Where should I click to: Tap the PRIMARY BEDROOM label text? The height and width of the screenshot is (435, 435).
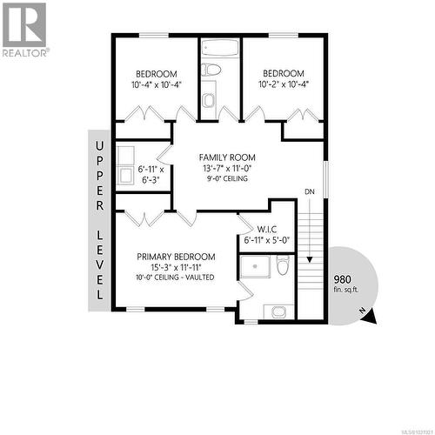pyautogui.click(x=176, y=257)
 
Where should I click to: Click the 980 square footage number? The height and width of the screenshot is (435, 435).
pyautogui.click(x=344, y=279)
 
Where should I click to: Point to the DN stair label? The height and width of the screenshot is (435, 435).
pyautogui.click(x=310, y=191)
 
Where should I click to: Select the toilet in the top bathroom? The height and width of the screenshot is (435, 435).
pyautogui.click(x=209, y=100)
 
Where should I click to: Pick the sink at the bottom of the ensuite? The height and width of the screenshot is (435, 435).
pyautogui.click(x=278, y=311)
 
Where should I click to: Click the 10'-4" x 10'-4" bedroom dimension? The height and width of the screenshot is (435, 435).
pyautogui.click(x=157, y=85)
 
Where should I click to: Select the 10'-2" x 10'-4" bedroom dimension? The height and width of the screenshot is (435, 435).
pyautogui.click(x=284, y=85)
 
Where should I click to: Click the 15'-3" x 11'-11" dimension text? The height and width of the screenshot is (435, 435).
pyautogui.click(x=176, y=267)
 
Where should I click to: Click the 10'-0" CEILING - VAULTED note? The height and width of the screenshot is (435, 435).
pyautogui.click(x=175, y=278)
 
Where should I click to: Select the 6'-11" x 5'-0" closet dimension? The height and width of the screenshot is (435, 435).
pyautogui.click(x=267, y=239)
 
